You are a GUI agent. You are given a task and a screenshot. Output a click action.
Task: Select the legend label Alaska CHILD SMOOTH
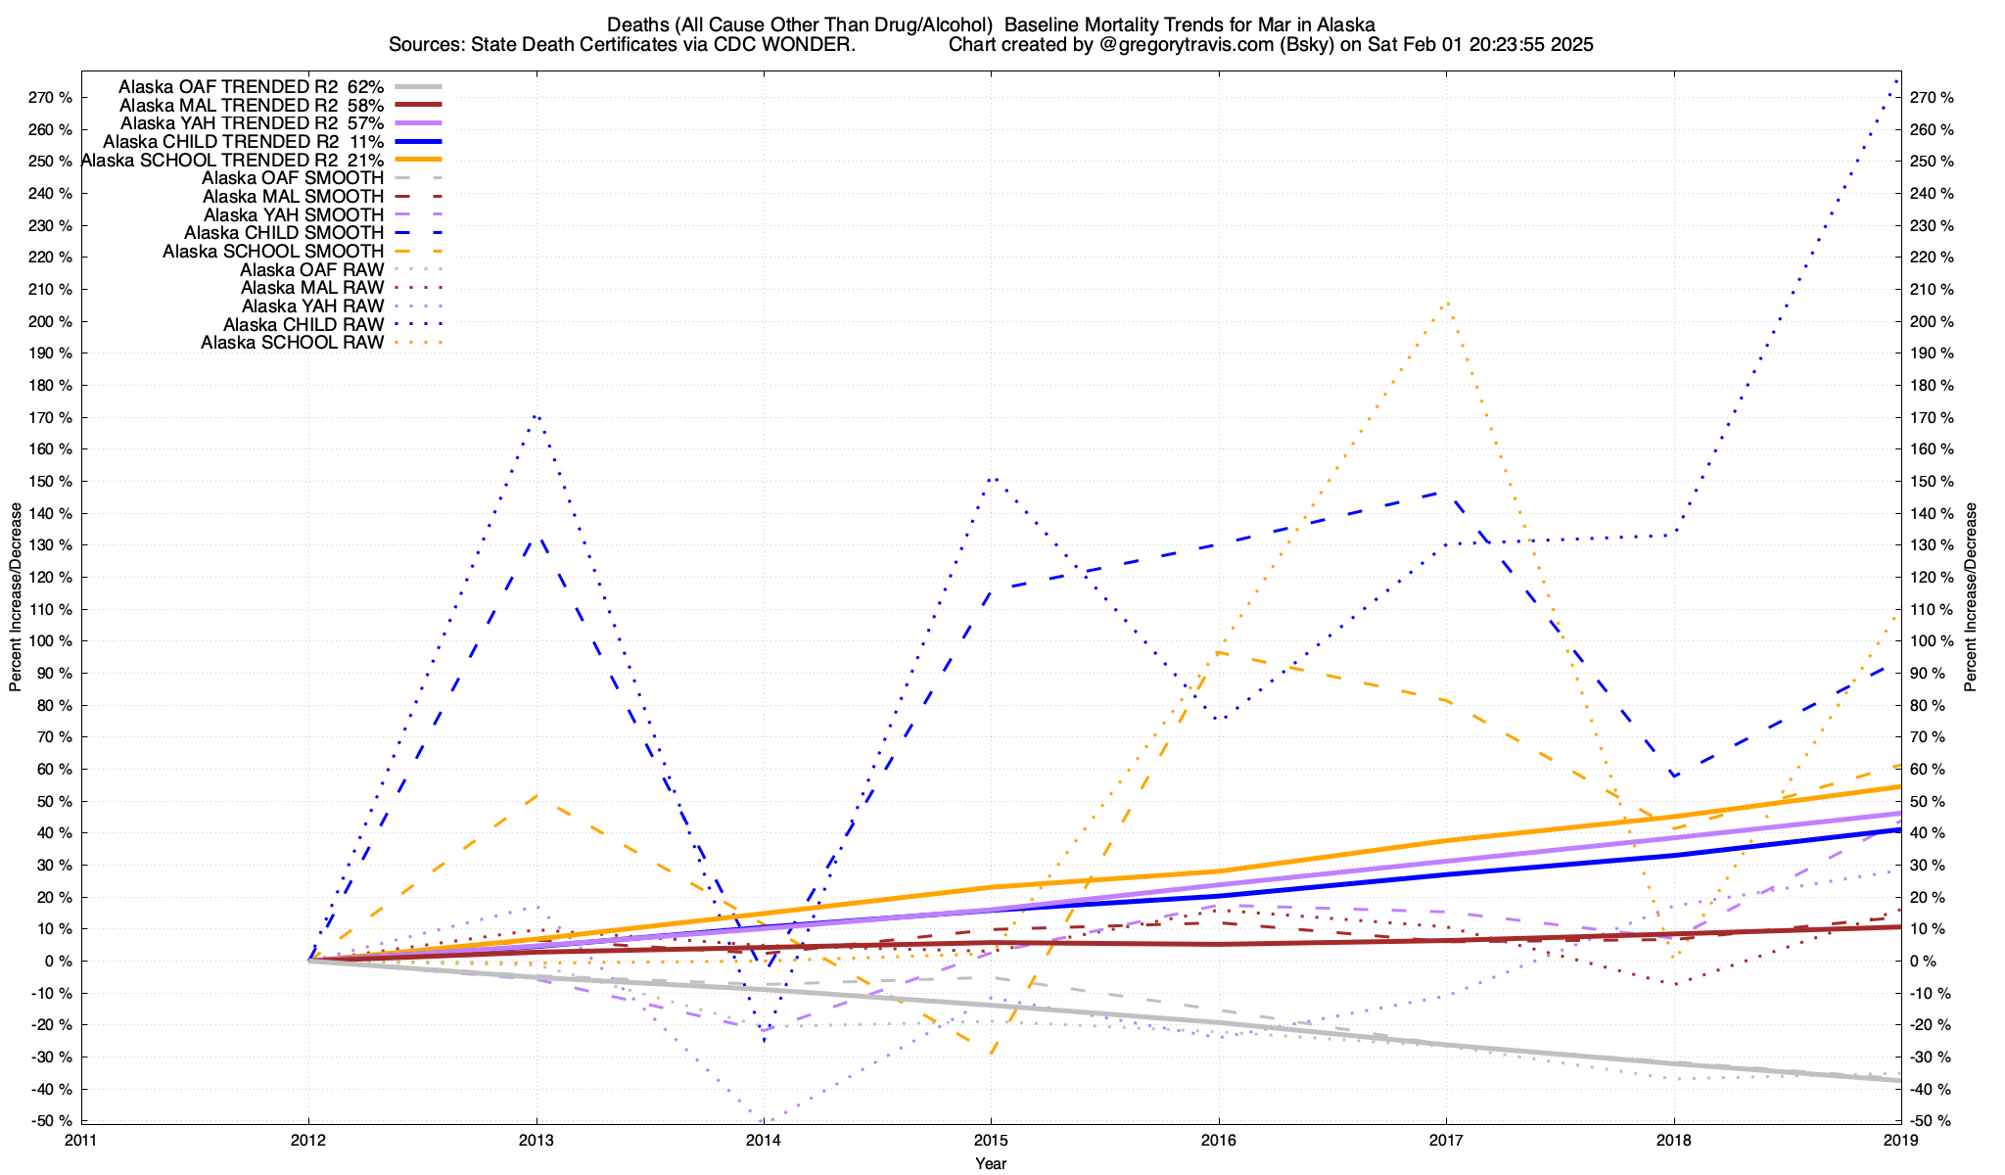coord(284,233)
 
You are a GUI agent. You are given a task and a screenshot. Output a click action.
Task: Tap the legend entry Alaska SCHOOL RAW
coord(292,343)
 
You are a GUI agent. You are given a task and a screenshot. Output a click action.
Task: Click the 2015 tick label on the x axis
coord(991,1140)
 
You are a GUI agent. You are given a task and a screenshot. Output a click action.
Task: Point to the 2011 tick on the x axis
coord(81,1140)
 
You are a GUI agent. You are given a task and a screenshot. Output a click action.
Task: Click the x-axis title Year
coord(991,1163)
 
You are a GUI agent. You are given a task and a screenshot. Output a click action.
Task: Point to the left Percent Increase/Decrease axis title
coord(16,597)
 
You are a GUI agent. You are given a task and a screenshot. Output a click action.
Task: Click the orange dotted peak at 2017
coord(1446,303)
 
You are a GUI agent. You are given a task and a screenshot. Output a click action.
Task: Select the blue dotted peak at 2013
coord(536,416)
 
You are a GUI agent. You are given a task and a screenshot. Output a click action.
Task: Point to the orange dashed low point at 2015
coord(991,1055)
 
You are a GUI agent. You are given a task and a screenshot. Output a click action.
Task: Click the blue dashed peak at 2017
coord(1446,492)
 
